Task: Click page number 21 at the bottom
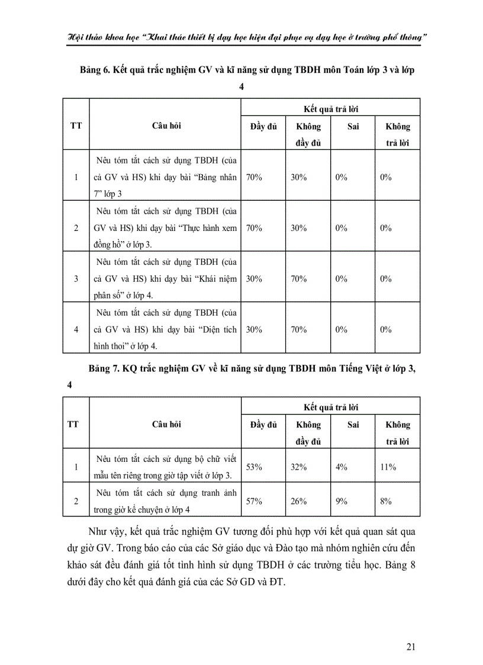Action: click(x=411, y=646)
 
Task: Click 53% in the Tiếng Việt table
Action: click(x=254, y=467)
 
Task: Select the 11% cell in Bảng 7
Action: click(x=388, y=467)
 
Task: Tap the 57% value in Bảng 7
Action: click(x=254, y=502)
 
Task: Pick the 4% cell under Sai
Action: click(x=341, y=467)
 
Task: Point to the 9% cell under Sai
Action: click(x=341, y=502)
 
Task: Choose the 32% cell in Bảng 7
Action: click(x=298, y=467)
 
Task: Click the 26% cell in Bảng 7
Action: click(x=298, y=502)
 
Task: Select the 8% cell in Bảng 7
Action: click(x=387, y=502)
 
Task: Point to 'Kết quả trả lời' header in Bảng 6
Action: click(x=331, y=109)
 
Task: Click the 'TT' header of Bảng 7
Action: click(x=75, y=424)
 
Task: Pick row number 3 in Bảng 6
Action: click(x=76, y=278)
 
